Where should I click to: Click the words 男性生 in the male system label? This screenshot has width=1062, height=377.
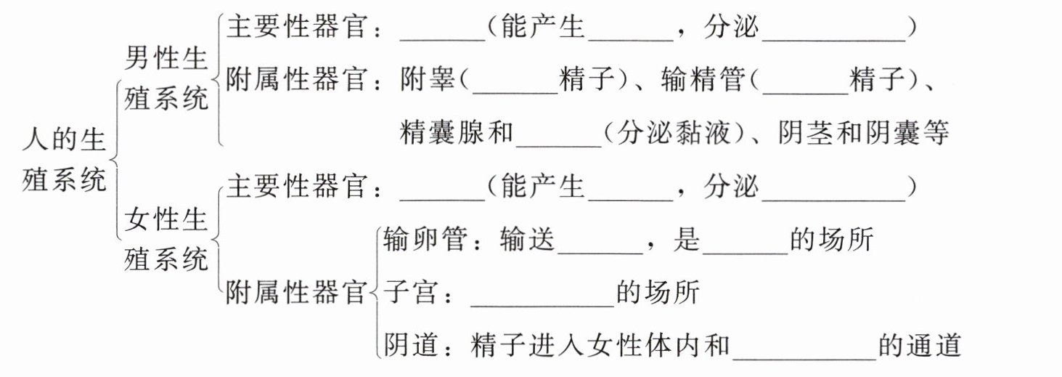(167, 58)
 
